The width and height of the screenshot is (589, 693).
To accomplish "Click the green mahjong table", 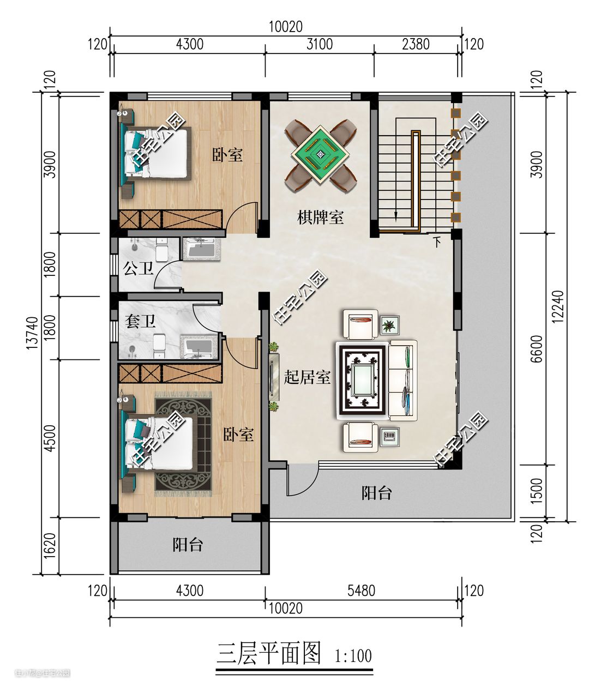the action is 320,154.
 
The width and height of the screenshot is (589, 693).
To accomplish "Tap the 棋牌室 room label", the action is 320,217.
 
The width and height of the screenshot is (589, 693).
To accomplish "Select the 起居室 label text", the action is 307,377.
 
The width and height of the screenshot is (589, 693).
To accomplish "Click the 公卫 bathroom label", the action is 138,269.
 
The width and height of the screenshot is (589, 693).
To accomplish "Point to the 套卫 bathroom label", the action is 140,321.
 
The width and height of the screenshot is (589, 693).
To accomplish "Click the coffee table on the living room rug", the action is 362,380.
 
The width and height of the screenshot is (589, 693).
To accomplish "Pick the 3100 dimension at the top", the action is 320,44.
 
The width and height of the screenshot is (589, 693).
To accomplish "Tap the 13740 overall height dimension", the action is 32,333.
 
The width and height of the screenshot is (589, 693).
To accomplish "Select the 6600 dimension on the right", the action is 537,348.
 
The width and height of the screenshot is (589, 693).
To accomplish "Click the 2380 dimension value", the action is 416,44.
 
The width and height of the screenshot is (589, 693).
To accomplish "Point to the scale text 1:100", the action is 353,656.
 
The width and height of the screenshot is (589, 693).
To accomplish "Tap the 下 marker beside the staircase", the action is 437,242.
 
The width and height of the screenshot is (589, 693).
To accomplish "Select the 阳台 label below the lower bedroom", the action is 188,545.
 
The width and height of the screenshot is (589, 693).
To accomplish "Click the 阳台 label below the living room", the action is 376,493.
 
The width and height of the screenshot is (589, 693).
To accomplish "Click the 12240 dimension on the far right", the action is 557,307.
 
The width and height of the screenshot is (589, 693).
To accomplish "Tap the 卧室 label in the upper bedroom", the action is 227,154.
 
